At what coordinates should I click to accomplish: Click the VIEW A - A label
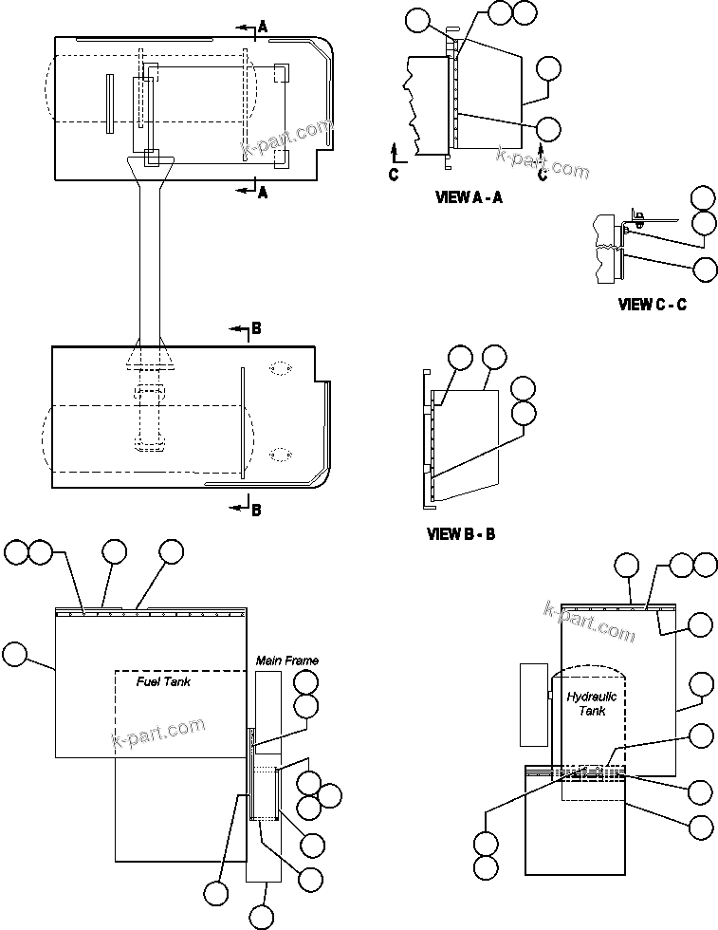469,198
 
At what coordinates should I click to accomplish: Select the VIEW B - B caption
461,535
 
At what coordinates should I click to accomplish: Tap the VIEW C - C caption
652,305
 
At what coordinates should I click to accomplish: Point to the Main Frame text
286,660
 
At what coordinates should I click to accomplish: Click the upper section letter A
263,28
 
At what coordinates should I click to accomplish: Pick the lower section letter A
263,193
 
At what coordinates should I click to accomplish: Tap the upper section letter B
256,329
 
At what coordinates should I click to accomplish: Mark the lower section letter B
256,510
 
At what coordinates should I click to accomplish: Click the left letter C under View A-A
394,175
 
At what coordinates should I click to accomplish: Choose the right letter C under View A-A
542,175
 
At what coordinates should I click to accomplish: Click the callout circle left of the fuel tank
16,653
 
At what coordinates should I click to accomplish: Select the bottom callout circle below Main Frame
262,917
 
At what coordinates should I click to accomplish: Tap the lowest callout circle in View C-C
705,269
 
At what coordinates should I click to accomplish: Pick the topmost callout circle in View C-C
704,197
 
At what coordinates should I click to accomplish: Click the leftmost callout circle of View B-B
460,357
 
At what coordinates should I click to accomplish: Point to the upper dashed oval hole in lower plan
280,368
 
